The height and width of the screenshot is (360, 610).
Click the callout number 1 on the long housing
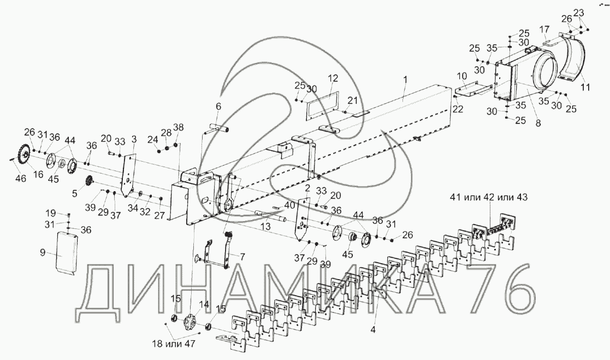pyautogui.click(x=405, y=79)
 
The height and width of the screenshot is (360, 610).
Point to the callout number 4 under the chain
pyautogui.click(x=373, y=329)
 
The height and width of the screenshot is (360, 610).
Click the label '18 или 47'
pyautogui.click(x=173, y=344)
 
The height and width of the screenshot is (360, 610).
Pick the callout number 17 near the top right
pyautogui.click(x=544, y=29)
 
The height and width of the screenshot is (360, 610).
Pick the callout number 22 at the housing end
pyautogui.click(x=458, y=109)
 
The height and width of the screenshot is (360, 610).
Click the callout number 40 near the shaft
pyautogui.click(x=289, y=205)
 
